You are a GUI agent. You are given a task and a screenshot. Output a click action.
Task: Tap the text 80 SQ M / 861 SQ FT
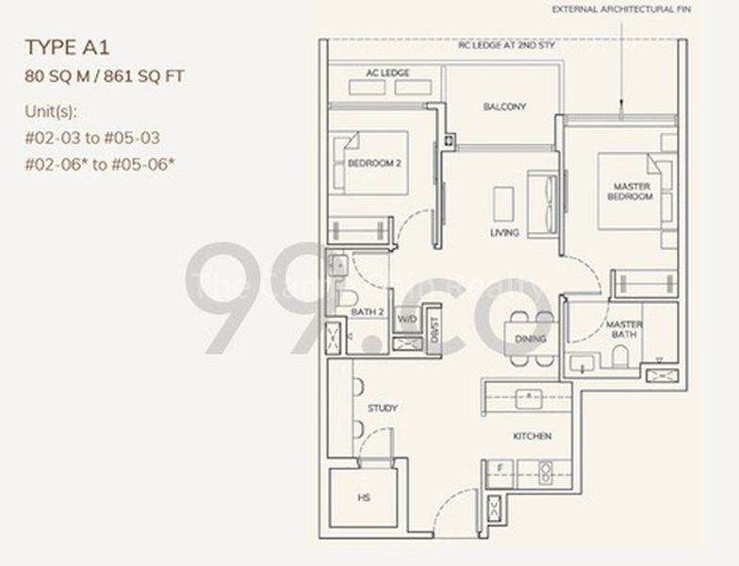(x=104, y=76)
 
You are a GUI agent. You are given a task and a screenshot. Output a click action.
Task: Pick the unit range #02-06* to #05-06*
(x=100, y=162)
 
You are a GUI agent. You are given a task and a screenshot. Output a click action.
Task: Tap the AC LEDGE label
(x=388, y=73)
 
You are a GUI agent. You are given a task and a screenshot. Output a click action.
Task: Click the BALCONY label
(x=504, y=107)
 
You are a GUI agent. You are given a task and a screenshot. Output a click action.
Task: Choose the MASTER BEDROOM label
(x=630, y=191)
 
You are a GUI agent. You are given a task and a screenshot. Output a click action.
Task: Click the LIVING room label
(x=504, y=232)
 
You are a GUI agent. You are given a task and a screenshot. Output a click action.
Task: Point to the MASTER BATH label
(x=624, y=329)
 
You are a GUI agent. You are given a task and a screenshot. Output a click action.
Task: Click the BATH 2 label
(x=368, y=311)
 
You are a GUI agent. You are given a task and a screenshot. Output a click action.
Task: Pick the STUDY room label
(x=383, y=408)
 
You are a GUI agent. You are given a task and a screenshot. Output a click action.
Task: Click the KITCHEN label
(x=532, y=436)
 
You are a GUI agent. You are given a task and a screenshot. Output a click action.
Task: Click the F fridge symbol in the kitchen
(x=500, y=468)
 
